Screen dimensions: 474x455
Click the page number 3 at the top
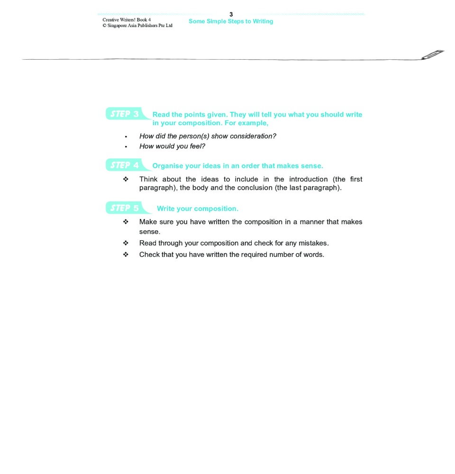[231, 15]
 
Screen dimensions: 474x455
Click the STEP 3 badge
[125, 114]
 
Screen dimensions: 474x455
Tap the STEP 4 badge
[125, 165]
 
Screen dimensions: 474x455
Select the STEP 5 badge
[125, 208]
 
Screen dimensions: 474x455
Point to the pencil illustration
[432, 55]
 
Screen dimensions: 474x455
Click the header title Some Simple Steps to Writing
[231, 21]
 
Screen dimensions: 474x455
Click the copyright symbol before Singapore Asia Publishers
[104, 26]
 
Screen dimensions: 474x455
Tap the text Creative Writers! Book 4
[127, 19]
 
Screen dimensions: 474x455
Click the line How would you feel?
[172, 146]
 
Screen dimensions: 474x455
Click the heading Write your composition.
[198, 209]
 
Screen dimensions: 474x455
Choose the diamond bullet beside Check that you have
[126, 255]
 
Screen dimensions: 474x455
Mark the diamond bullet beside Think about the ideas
[126, 179]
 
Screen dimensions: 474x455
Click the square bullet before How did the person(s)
[126, 137]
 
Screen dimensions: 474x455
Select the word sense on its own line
[149, 232]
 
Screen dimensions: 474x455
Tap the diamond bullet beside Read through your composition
[126, 243]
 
